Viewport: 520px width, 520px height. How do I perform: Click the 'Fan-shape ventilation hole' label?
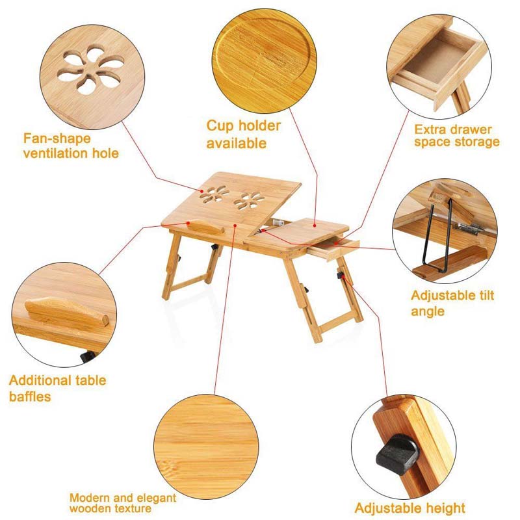click(x=71, y=146)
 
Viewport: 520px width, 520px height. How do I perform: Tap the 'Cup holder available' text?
click(x=244, y=134)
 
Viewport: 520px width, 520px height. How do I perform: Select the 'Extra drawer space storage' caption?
click(x=457, y=135)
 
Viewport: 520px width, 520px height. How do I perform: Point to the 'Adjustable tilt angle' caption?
click(x=452, y=303)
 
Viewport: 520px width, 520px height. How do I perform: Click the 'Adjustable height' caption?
click(x=409, y=508)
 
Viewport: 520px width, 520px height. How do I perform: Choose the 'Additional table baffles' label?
click(x=57, y=388)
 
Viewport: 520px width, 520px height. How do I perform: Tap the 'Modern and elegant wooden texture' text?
click(x=123, y=502)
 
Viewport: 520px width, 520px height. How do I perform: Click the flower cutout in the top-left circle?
click(x=85, y=71)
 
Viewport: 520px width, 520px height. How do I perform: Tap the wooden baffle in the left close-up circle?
click(x=65, y=312)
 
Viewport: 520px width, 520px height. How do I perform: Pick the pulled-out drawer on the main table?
click(x=332, y=248)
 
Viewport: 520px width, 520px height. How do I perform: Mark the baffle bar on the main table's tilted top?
click(x=200, y=229)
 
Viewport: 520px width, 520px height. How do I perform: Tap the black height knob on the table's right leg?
click(x=339, y=277)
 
